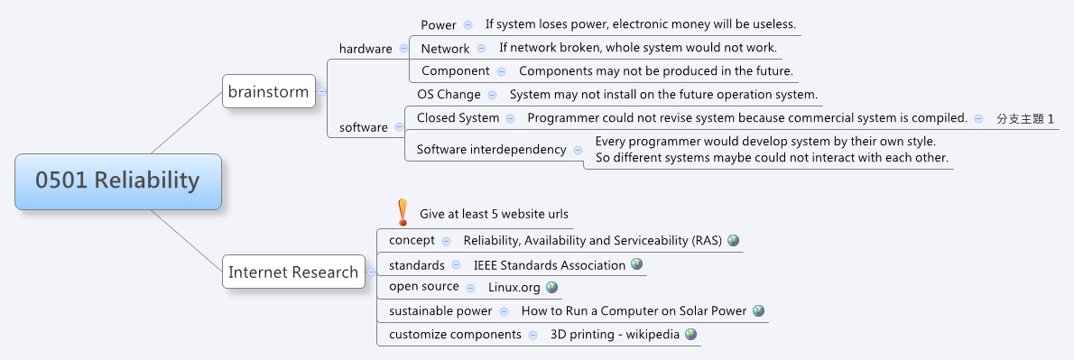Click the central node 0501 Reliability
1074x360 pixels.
tap(117, 180)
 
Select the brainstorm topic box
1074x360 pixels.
tap(269, 91)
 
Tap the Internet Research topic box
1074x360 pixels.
tap(293, 272)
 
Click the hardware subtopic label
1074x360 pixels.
tap(366, 49)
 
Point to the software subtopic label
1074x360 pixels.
tap(364, 127)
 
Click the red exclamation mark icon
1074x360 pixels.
tap(403, 212)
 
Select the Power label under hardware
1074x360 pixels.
tap(439, 24)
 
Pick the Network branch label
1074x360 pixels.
tap(445, 48)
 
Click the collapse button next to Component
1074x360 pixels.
tap(505, 70)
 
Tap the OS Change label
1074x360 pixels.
tap(449, 94)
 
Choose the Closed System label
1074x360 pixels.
tap(458, 117)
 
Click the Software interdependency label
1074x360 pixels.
tap(491, 149)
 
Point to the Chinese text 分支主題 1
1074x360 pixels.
tap(1025, 118)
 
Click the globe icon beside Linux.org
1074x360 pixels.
tap(551, 287)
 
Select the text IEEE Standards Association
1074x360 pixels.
tap(550, 265)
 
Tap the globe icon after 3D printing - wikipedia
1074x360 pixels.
tap(690, 334)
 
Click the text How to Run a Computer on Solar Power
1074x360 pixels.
tap(634, 310)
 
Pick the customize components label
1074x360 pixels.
tap(455, 334)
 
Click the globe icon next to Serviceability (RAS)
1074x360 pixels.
tap(733, 240)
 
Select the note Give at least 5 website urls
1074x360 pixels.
tap(494, 214)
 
